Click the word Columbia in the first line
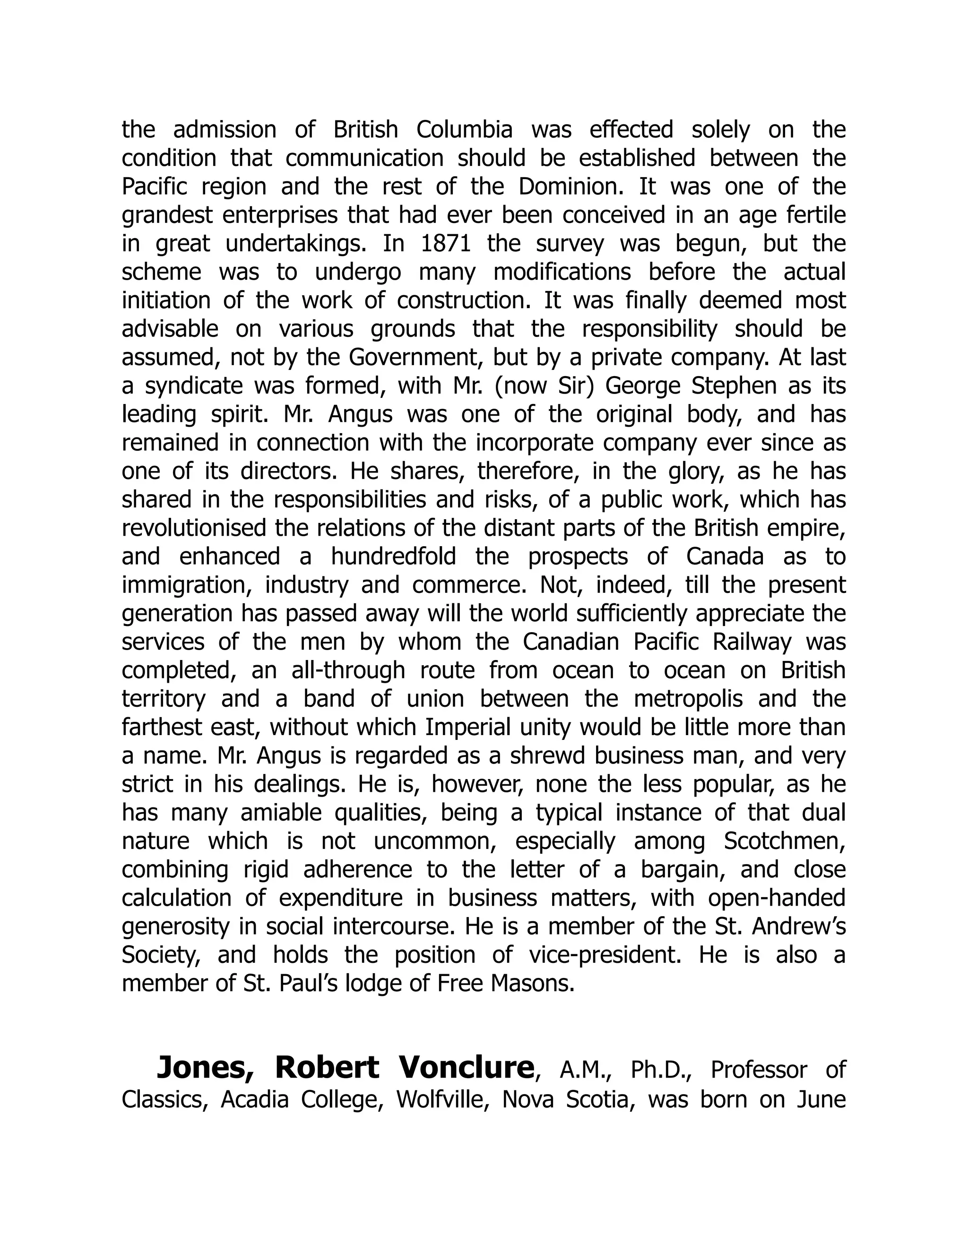point(464,129)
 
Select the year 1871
point(446,244)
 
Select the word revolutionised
point(194,528)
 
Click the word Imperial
point(473,728)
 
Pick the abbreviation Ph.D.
point(661,1070)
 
